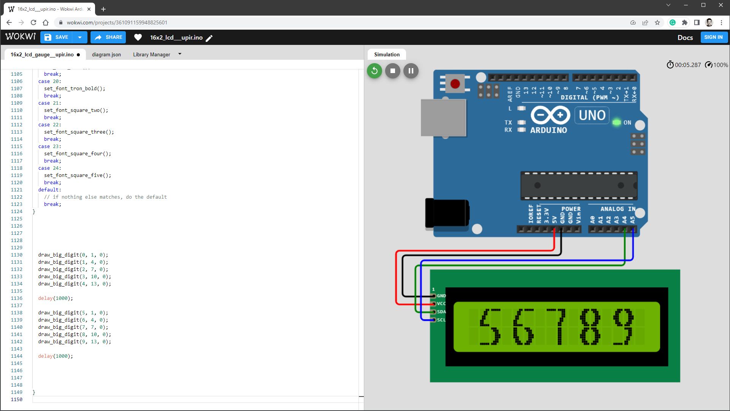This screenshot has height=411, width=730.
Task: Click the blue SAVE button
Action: tap(57, 37)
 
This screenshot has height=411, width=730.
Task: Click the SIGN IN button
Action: tap(713, 37)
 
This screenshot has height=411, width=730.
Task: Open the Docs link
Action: tap(685, 37)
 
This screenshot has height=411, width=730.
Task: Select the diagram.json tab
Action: tap(106, 54)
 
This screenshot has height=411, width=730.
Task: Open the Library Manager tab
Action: tap(152, 54)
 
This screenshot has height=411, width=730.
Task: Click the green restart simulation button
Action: tap(374, 71)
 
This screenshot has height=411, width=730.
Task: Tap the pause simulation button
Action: tap(411, 71)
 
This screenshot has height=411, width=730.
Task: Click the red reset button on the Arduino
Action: tap(455, 84)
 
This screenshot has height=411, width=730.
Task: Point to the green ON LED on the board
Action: tap(616, 123)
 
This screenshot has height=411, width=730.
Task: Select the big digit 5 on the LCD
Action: tap(490, 327)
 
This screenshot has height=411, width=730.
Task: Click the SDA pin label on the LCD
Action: tap(441, 312)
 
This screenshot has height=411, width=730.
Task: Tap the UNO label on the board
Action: tap(592, 115)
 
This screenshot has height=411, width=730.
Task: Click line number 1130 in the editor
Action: tap(17, 255)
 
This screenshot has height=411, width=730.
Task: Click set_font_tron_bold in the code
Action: tap(74, 89)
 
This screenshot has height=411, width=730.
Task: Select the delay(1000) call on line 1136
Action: tap(55, 298)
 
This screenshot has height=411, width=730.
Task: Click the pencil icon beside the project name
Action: tap(209, 38)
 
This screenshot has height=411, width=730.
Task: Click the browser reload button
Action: tap(33, 22)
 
